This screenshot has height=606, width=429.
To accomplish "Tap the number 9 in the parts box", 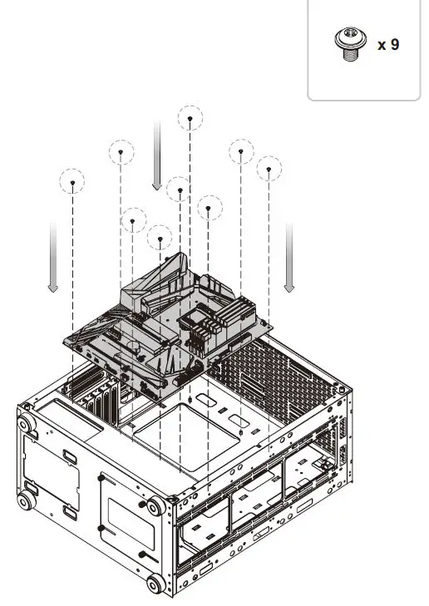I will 394,44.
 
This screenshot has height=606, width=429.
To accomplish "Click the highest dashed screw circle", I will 190,119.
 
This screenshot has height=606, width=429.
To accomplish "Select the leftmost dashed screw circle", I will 73,180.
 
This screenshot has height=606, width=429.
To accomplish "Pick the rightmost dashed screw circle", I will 269,169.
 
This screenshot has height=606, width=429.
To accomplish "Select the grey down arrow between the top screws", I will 156,155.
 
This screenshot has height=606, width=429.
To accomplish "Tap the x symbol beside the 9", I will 382,45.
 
